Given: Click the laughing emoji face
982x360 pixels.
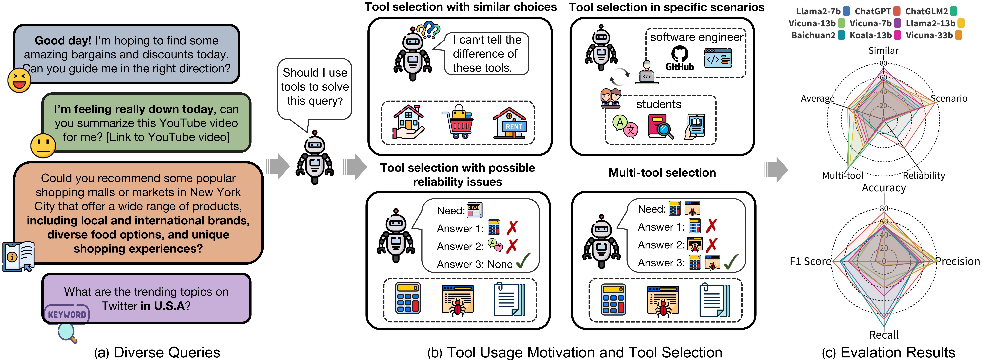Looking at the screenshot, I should tap(19, 80).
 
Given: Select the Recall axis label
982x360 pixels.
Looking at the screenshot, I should tap(884, 335).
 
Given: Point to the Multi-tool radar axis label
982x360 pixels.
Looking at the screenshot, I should tap(842, 176).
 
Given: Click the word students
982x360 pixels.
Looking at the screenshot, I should tap(658, 104).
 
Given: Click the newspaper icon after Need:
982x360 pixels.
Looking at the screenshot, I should tap(475, 210).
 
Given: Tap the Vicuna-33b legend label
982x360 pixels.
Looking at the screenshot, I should tap(929, 35).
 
